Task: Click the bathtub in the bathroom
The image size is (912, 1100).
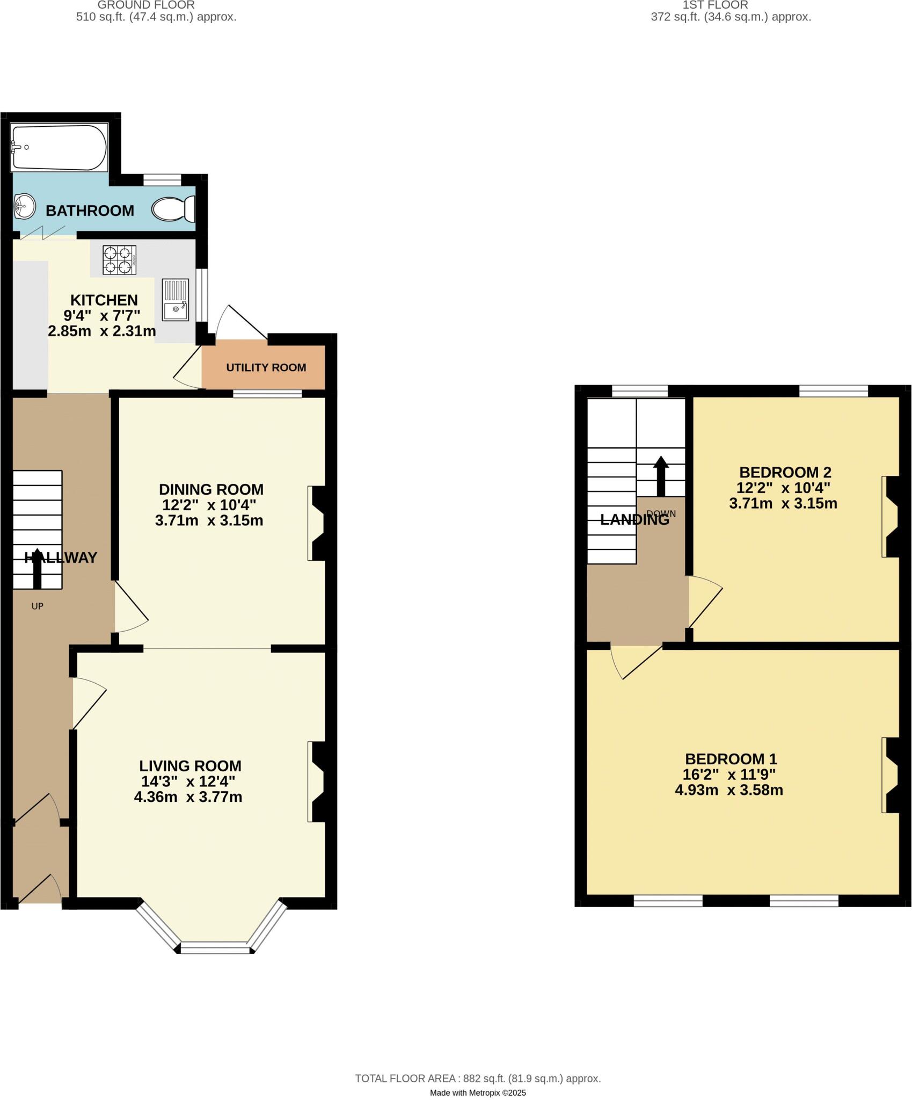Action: coord(59,148)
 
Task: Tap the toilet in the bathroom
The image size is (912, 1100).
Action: coord(174,209)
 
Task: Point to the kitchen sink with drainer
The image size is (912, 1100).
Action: coord(175,300)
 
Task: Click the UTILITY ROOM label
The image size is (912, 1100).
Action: coord(266,367)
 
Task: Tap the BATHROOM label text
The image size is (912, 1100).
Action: coord(90,211)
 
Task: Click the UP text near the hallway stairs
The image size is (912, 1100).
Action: coord(37,606)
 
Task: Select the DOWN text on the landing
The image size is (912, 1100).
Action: coord(661,514)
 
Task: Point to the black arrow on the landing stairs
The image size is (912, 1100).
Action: coord(661,476)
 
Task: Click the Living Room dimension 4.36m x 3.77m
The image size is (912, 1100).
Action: coord(188,797)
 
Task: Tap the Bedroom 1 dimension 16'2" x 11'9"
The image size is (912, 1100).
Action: coord(730,775)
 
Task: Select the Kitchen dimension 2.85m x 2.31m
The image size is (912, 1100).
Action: coord(102,331)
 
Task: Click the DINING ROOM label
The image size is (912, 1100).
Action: coord(211,489)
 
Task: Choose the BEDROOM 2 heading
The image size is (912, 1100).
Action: coord(785,472)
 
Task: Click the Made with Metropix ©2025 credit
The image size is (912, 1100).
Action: coord(478,1093)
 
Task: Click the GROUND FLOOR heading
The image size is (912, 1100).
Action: coord(146,5)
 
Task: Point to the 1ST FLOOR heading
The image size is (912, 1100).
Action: coord(716,5)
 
